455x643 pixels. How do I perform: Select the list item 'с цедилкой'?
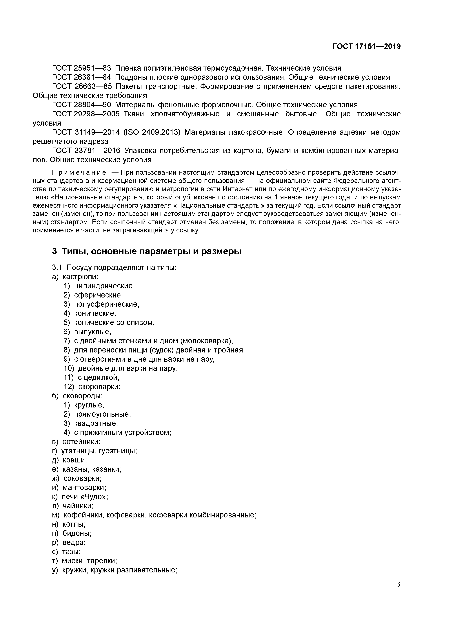tap(98, 378)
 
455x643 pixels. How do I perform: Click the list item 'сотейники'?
tap(81, 442)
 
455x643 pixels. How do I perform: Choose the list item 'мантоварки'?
tap(84, 487)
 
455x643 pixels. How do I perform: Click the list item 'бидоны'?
tap(77, 533)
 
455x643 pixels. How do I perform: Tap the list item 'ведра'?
tap(74, 542)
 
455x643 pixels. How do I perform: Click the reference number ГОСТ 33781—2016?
tap(86, 151)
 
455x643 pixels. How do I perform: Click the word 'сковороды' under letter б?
tap(82, 396)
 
